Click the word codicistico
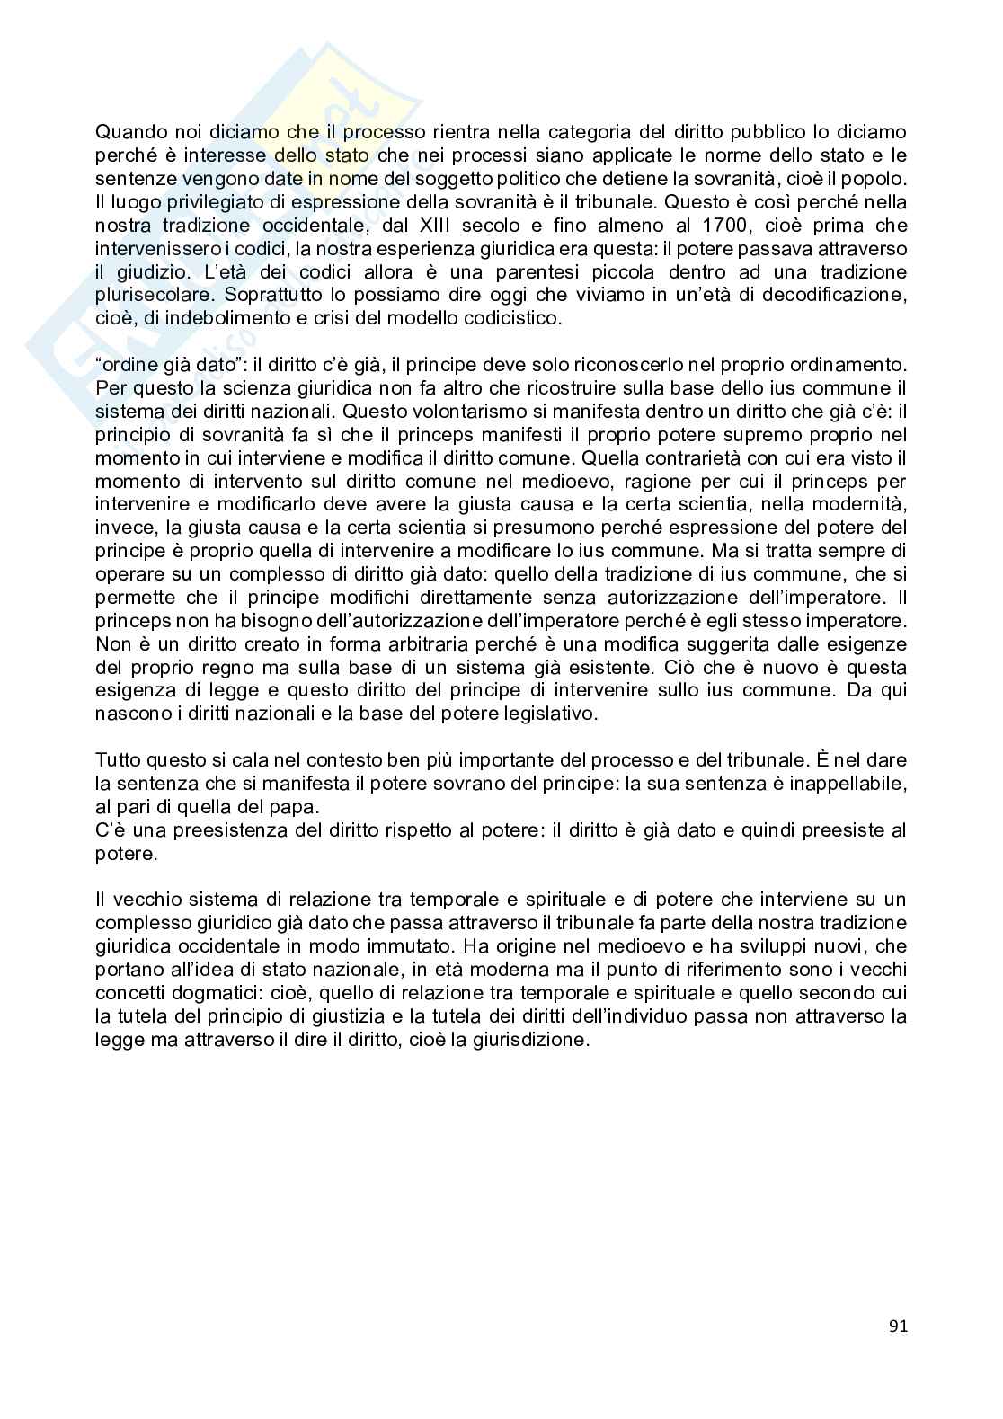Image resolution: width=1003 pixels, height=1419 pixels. click(x=515, y=318)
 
